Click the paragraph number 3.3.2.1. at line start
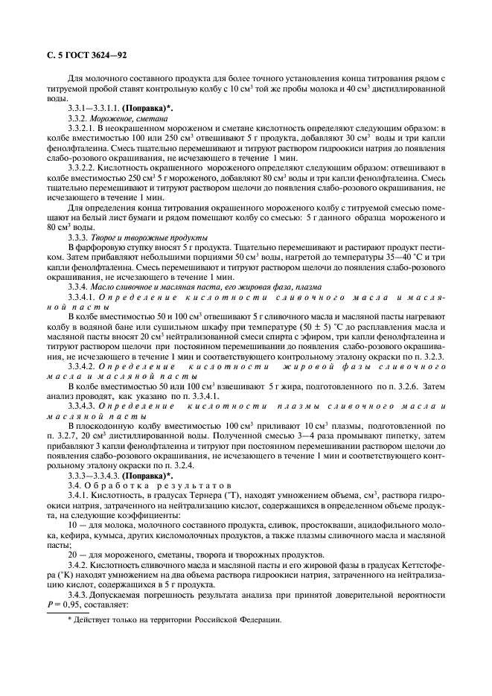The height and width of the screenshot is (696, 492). pyautogui.click(x=86, y=130)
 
